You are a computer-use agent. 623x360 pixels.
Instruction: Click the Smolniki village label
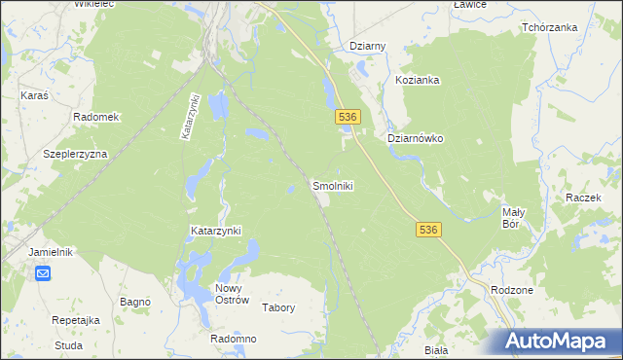tap(332, 186)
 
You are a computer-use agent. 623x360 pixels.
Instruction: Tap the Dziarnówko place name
tap(416, 139)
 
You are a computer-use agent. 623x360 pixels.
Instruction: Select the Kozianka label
tap(419, 81)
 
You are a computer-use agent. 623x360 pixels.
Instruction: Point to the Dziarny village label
tap(368, 47)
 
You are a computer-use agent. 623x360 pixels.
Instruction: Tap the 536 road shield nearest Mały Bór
tap(429, 230)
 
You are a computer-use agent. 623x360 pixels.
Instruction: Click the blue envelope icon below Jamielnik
tap(44, 273)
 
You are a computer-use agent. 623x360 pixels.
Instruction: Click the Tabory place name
tap(278, 307)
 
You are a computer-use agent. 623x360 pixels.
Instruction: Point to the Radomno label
tap(233, 339)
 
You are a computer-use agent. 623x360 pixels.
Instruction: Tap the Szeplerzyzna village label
tap(75, 155)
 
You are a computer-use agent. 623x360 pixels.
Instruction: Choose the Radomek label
tap(96, 117)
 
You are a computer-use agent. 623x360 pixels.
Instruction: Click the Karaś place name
tap(35, 96)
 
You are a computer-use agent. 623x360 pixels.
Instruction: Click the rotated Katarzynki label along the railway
tap(190, 119)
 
